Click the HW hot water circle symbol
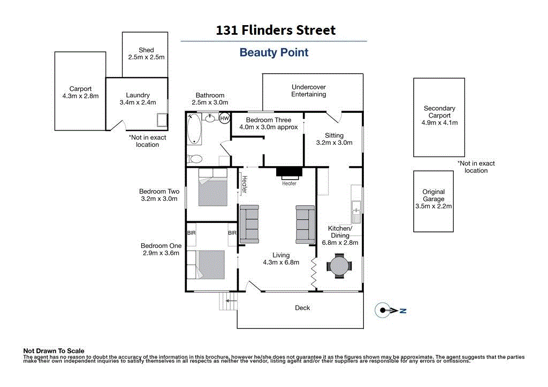[224, 118]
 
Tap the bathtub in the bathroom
[194, 129]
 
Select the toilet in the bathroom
[195, 159]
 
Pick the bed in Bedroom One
[212, 264]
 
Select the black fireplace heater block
[289, 172]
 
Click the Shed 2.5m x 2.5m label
[146, 53]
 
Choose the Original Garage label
[433, 199]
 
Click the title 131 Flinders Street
[276, 30]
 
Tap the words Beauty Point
[274, 52]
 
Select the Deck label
[302, 307]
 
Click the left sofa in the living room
[249, 224]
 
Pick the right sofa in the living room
[305, 224]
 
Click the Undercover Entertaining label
[308, 90]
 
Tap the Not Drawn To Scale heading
[54, 351]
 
